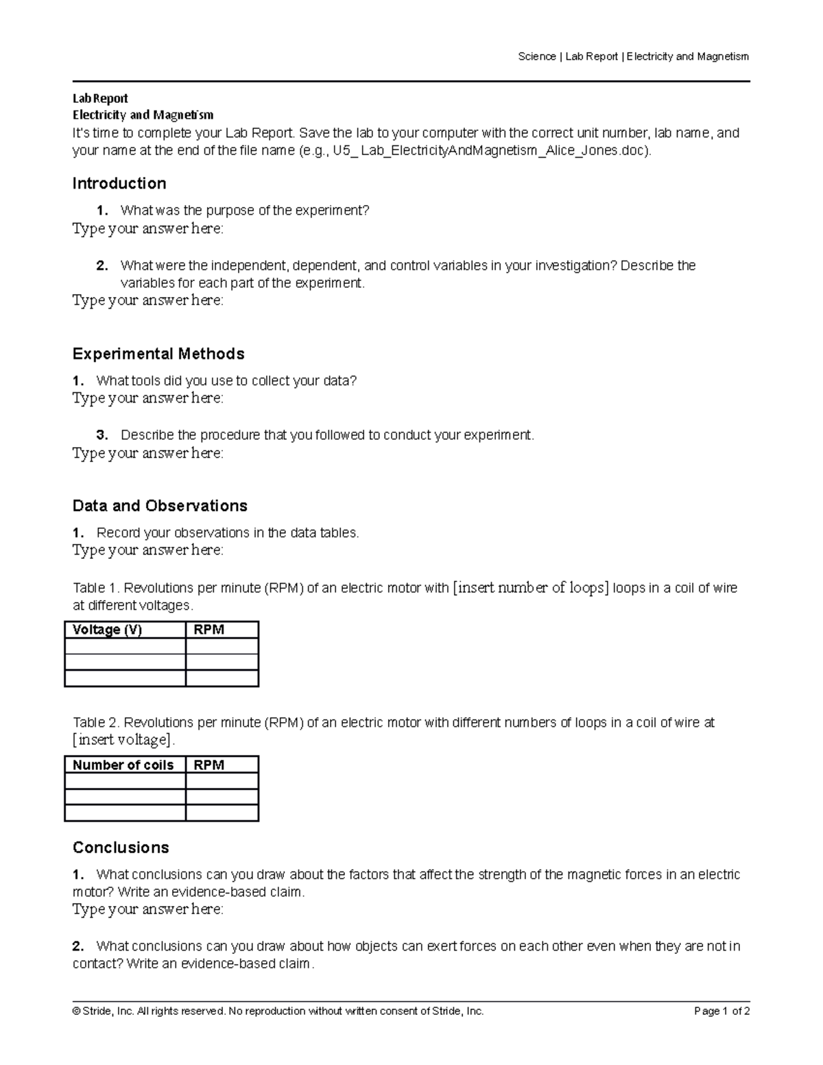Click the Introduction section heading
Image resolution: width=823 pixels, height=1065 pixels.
tap(119, 184)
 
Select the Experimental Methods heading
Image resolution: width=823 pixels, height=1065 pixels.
tap(158, 354)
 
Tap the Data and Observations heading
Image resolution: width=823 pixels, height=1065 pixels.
tap(160, 506)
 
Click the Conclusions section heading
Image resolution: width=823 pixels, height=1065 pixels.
tap(121, 848)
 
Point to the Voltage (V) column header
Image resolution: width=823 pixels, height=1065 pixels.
tap(107, 630)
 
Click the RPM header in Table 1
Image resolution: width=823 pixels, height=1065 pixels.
tap(209, 630)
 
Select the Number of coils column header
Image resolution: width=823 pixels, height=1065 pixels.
tap(123, 765)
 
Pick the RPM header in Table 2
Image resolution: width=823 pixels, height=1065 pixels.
tap(209, 765)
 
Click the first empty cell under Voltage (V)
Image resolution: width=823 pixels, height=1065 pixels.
tap(125, 646)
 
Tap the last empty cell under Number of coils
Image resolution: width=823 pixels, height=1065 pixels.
tap(125, 813)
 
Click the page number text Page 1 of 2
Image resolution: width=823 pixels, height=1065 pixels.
tap(721, 1011)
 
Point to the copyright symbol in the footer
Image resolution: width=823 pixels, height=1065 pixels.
tap(76, 1011)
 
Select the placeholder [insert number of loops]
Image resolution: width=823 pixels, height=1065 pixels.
tap(531, 588)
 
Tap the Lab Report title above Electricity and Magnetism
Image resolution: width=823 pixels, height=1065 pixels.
tap(100, 98)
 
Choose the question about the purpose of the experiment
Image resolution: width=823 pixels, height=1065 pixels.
tap(245, 211)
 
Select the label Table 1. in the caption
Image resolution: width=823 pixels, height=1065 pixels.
tap(97, 588)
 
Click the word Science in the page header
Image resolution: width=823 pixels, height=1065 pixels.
tap(537, 56)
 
